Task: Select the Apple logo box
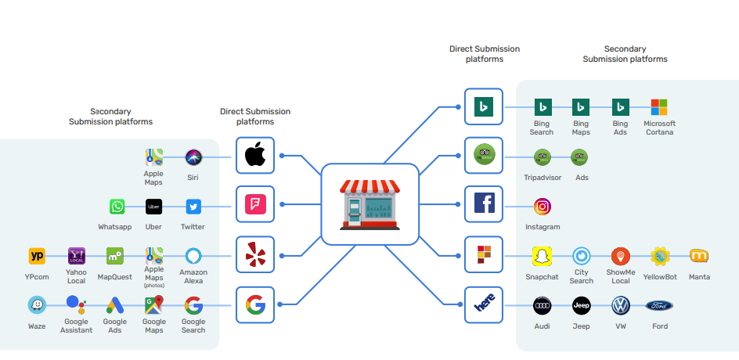click(x=255, y=156)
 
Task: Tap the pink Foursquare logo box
click(x=255, y=205)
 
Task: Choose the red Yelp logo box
click(x=255, y=255)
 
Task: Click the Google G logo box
click(x=255, y=304)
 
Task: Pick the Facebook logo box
click(x=484, y=205)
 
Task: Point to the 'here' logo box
click(x=484, y=305)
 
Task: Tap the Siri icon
click(x=193, y=157)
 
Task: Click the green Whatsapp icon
click(x=117, y=207)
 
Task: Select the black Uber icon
click(x=154, y=207)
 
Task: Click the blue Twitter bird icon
click(x=193, y=207)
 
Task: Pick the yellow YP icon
click(x=37, y=256)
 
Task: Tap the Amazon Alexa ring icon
click(x=193, y=256)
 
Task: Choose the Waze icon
click(x=37, y=304)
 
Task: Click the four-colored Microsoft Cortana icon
click(x=659, y=107)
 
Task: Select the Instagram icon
click(x=543, y=207)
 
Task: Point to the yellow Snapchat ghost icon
click(x=542, y=256)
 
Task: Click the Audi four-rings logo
click(x=543, y=305)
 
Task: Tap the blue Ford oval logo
click(x=659, y=305)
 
